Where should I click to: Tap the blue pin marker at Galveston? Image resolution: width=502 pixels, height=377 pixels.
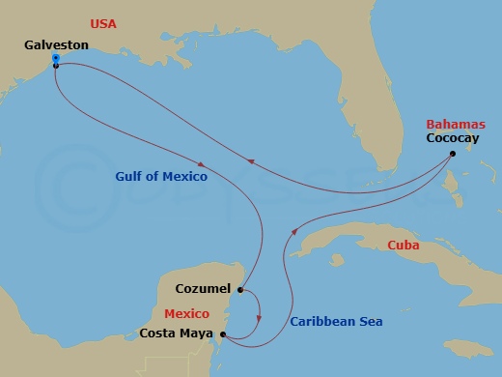[x=55, y=59]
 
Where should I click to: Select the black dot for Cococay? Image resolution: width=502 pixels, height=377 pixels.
[x=453, y=154]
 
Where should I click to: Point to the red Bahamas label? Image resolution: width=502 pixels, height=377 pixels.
[x=452, y=125]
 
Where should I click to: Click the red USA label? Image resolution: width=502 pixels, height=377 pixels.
[x=105, y=22]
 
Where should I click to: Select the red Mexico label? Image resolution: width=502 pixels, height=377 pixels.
[x=187, y=314]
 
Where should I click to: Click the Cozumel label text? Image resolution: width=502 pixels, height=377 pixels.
[x=204, y=288]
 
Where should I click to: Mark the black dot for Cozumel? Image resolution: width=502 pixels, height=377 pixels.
[x=239, y=289]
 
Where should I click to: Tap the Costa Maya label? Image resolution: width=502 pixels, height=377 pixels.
[x=177, y=334]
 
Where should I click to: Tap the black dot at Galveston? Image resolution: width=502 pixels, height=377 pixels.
[x=55, y=66]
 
